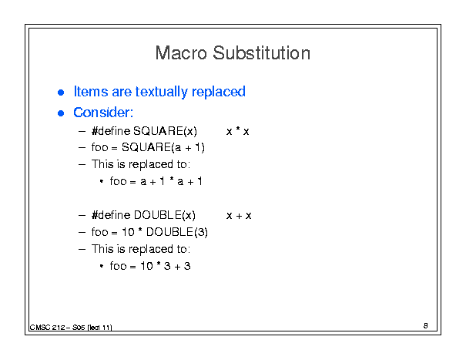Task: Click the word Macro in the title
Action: [x=181, y=53]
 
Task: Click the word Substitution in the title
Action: [x=262, y=53]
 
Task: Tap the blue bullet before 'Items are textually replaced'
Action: [x=61, y=93]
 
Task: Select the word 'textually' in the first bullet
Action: [x=161, y=92]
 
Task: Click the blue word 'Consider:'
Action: [x=103, y=113]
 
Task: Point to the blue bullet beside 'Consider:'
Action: [x=61, y=113]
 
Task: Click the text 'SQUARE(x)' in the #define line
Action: [x=165, y=131]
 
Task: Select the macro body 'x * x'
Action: [x=238, y=131]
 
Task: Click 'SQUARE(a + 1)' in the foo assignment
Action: [x=163, y=147]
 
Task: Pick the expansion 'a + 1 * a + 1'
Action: [x=172, y=181]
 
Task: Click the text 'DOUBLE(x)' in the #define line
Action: [x=165, y=215]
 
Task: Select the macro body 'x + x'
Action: [x=239, y=216]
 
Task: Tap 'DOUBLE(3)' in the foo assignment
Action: [x=177, y=232]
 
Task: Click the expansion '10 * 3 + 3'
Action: [x=166, y=266]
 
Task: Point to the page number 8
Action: [x=426, y=325]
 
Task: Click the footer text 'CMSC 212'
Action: [x=47, y=328]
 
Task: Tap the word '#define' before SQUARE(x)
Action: [x=111, y=131]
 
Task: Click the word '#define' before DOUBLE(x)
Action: [x=111, y=215]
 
